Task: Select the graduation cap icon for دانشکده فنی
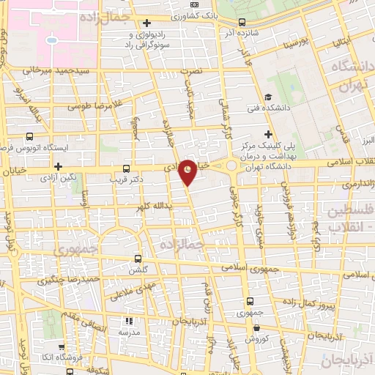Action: (x=268, y=98)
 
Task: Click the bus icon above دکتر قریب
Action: (x=127, y=168)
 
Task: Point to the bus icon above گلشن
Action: (x=138, y=259)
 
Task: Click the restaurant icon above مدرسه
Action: (x=129, y=321)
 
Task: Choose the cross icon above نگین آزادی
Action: (x=57, y=166)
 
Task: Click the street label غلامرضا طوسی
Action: (x=94, y=105)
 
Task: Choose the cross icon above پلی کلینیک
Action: (x=269, y=134)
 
